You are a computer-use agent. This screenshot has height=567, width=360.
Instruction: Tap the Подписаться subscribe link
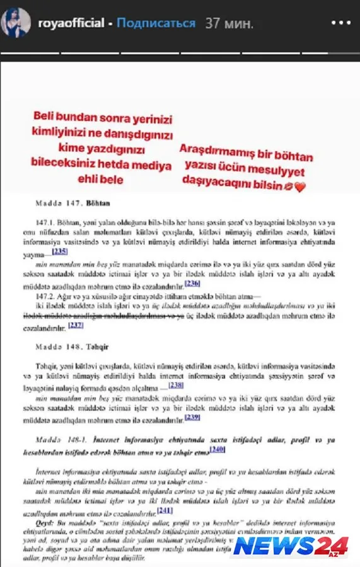coord(156,23)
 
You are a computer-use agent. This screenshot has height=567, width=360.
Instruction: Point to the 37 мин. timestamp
coord(229,23)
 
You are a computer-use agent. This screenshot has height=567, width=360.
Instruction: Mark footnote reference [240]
coord(218,449)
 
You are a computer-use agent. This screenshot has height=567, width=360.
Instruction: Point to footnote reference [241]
coord(165,510)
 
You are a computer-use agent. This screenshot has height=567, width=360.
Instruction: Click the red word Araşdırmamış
coord(214,151)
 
